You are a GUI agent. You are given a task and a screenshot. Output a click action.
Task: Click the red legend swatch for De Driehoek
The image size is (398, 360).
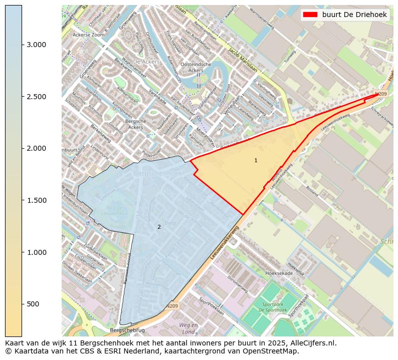(x=310, y=15)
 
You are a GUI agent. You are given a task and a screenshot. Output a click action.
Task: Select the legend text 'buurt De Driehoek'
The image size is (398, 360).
(x=354, y=15)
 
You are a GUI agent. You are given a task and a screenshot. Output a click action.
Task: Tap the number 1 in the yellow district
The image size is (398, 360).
(x=256, y=160)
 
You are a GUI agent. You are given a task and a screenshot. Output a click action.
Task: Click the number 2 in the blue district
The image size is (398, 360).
(x=159, y=227)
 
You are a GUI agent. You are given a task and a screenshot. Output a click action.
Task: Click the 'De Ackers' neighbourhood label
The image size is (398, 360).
(x=147, y=62)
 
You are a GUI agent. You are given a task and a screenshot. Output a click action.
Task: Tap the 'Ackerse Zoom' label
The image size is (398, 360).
(x=88, y=35)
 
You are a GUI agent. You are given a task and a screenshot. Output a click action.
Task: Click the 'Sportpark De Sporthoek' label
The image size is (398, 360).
(x=273, y=307)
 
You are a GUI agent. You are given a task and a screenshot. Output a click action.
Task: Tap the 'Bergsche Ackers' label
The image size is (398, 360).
(x=135, y=124)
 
